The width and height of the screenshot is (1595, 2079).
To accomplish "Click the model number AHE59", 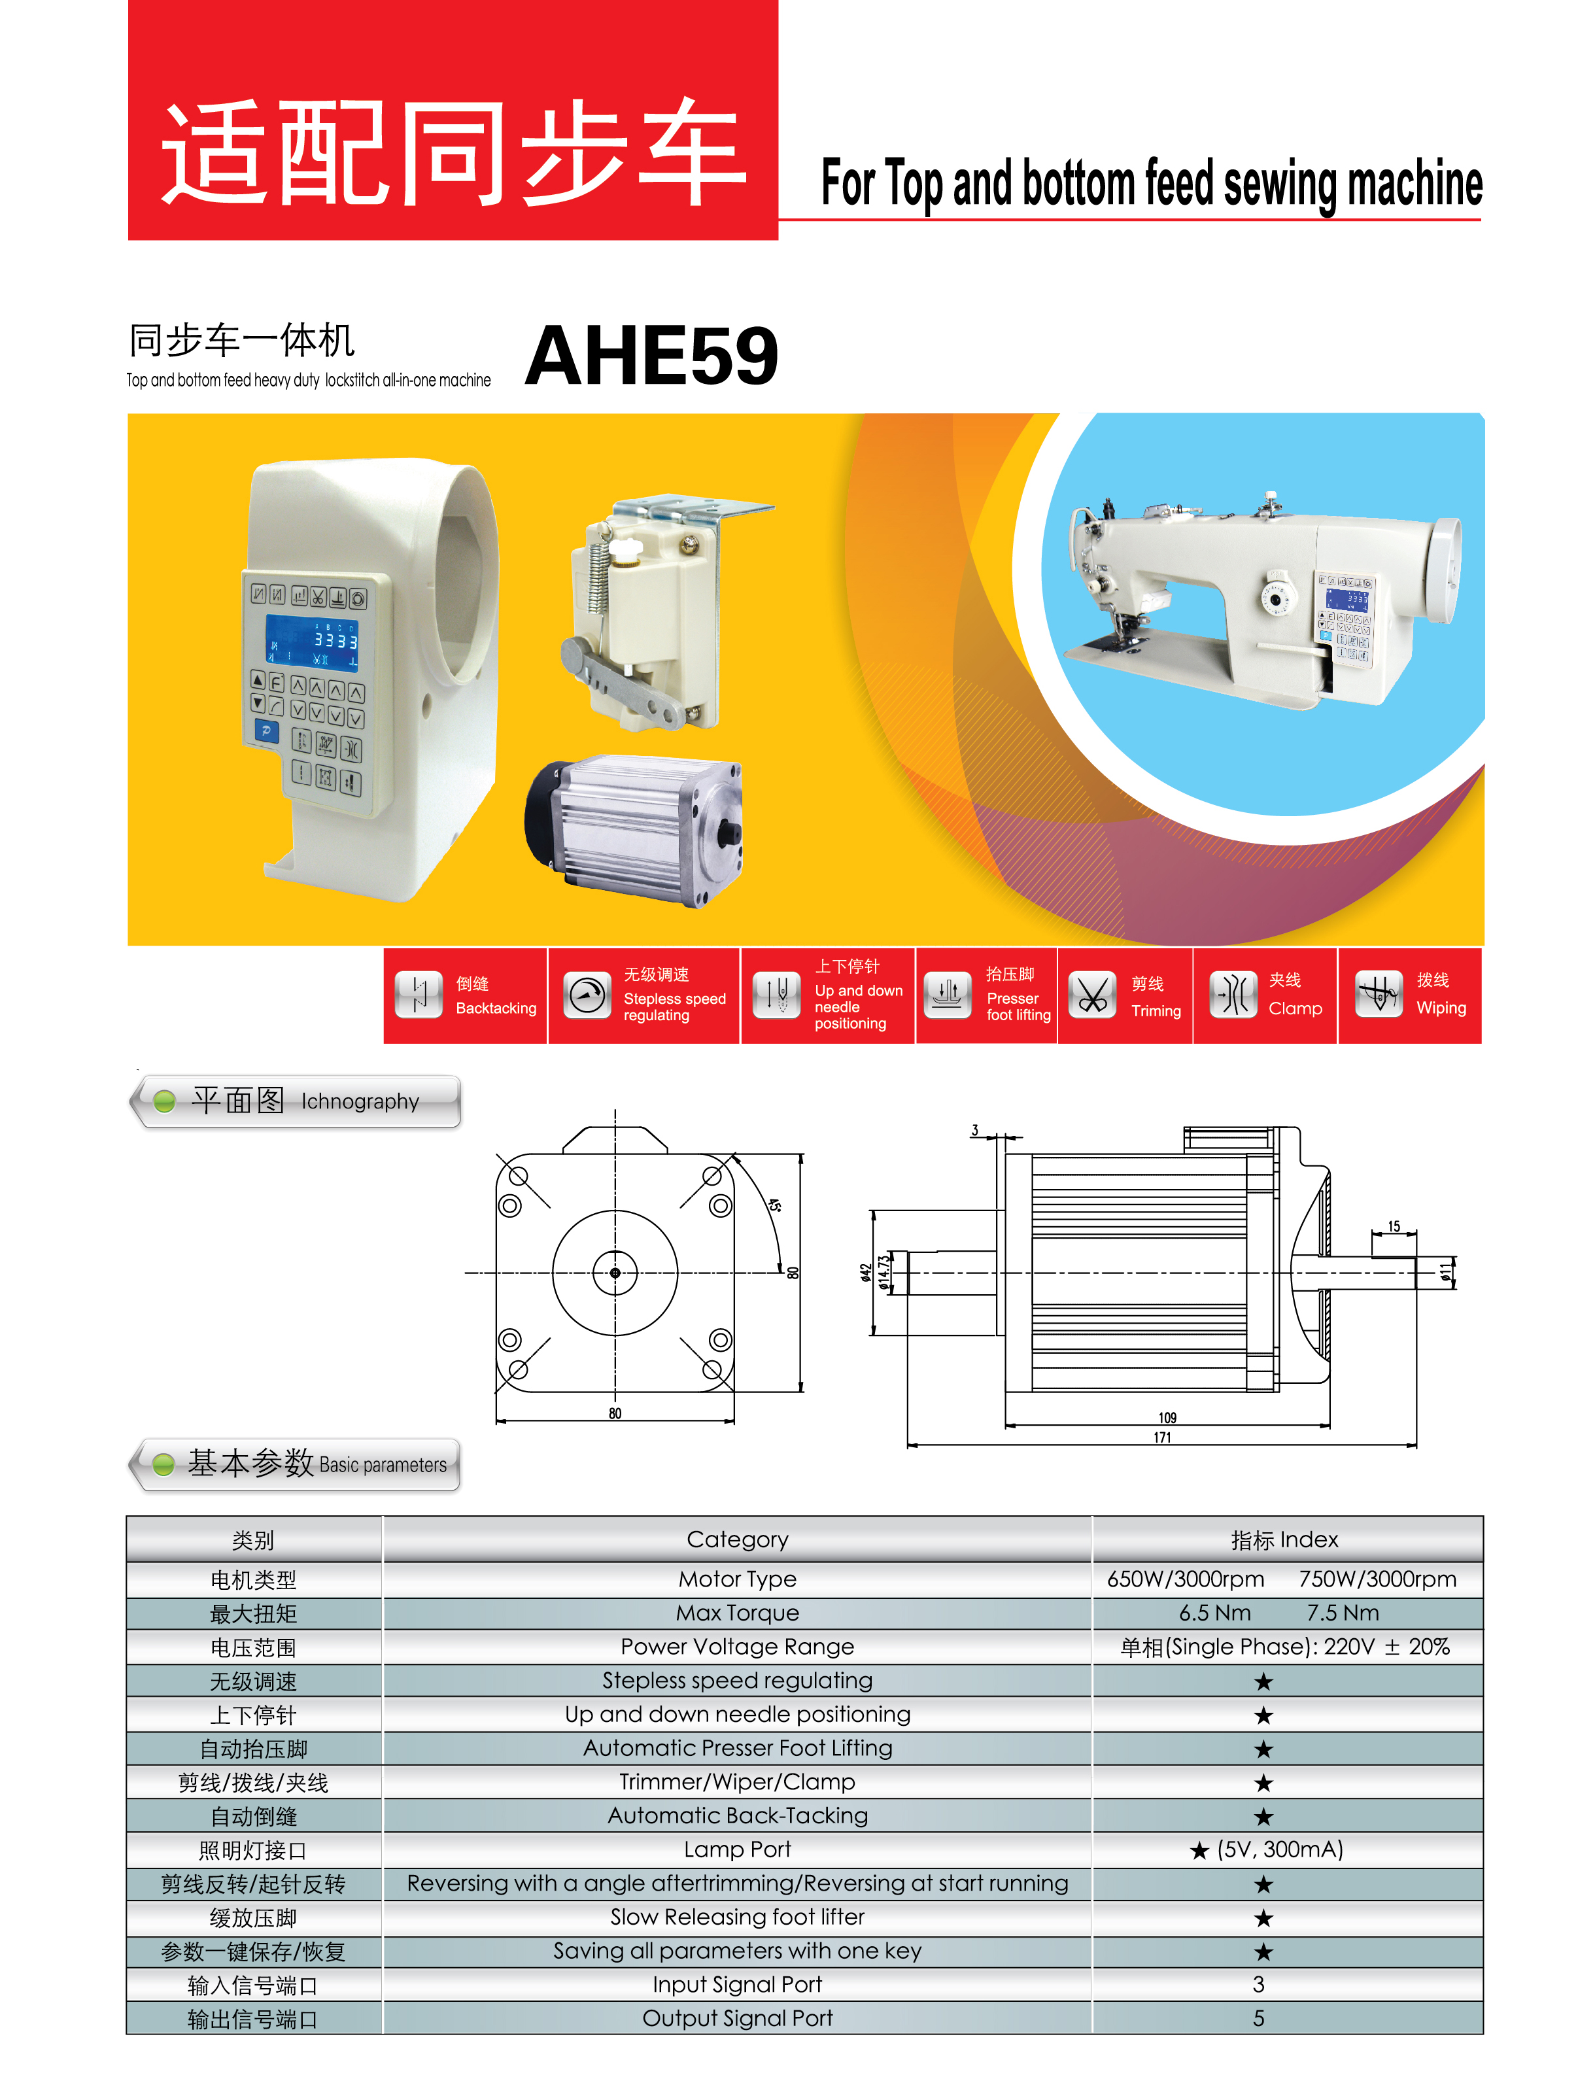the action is [651, 356].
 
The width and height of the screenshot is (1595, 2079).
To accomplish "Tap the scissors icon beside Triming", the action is [1093, 995].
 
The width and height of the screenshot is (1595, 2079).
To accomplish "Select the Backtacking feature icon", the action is [419, 995].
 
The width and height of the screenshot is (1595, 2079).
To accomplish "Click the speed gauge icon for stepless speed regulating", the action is [588, 995].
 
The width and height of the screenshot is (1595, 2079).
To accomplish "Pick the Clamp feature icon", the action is [1233, 995].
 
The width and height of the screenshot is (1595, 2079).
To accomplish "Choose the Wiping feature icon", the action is [1379, 995].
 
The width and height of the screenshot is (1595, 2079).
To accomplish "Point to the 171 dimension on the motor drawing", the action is [1162, 1437].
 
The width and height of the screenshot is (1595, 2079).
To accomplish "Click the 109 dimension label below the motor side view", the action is [1167, 1417].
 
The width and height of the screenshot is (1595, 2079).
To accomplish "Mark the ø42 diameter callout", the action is [865, 1272].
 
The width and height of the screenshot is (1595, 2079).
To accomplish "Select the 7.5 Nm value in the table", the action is [1343, 1613].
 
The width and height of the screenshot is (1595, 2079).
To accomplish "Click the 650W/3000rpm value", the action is [1186, 1579].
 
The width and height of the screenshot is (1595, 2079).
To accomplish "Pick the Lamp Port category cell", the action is [738, 1849].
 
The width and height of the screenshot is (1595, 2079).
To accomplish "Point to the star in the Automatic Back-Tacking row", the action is [1263, 1816].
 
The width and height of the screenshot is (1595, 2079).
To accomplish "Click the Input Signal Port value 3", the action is [1258, 1984].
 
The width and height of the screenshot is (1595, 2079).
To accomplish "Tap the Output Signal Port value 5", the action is [1258, 2018].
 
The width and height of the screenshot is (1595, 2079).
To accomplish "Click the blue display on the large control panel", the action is [313, 642].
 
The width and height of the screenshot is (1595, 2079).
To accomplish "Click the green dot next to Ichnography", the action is [164, 1101].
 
